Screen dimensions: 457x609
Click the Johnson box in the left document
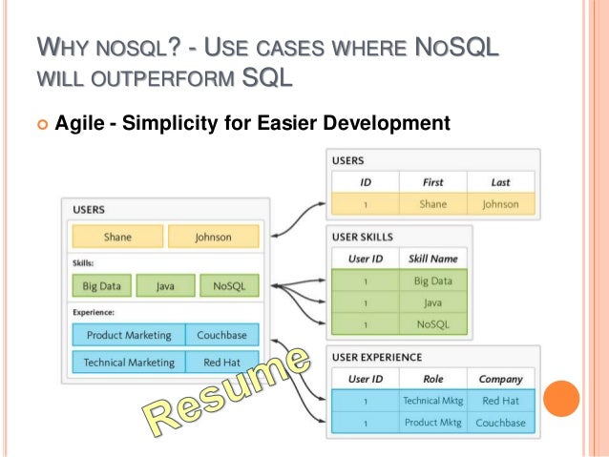(212, 238)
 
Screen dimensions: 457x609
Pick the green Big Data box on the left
(101, 284)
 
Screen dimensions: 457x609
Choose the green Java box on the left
(164, 284)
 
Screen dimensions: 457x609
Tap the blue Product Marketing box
(129, 335)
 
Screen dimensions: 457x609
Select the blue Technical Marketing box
(129, 363)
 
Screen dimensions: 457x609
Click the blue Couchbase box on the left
(222, 335)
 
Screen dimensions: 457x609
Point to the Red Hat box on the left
(222, 363)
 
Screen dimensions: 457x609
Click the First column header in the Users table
(432, 181)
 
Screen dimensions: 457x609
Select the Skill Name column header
(432, 258)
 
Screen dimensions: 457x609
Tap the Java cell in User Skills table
(432, 302)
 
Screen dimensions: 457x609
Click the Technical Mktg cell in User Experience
(434, 401)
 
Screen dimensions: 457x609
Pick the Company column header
(500, 378)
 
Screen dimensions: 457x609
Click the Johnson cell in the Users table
(500, 203)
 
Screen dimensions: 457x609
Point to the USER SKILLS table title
(362, 236)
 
